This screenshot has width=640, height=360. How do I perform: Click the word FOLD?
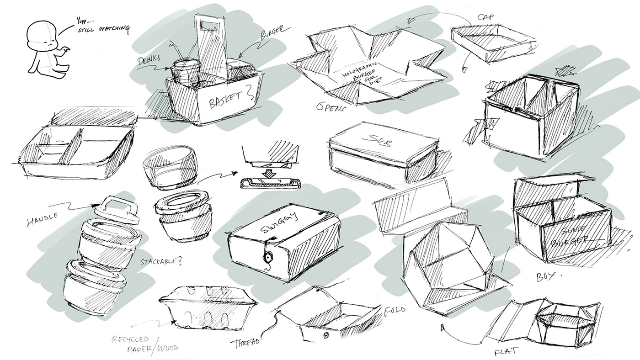[395, 310]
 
